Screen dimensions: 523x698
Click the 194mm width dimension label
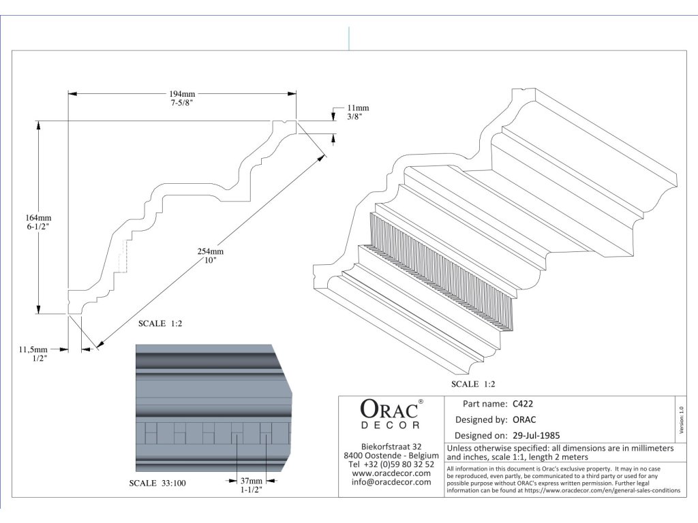click(183, 94)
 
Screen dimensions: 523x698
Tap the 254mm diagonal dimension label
click(212, 251)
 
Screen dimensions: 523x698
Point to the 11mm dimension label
click(358, 108)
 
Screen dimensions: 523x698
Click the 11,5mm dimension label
click(33, 349)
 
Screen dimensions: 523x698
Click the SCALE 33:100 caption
click(157, 484)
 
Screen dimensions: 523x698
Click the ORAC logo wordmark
click(389, 409)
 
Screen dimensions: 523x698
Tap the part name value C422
click(523, 403)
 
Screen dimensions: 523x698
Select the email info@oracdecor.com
click(391, 482)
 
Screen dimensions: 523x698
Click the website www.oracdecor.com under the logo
click(391, 473)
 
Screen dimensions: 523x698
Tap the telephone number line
click(391, 464)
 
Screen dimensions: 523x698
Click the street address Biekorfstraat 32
click(391, 446)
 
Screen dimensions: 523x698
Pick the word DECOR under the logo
click(391, 425)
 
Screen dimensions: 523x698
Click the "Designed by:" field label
click(481, 419)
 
